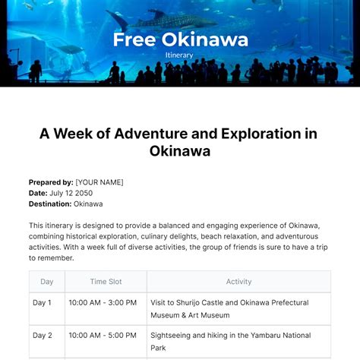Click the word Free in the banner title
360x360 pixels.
(x=134, y=39)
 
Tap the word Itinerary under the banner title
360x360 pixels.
(x=179, y=55)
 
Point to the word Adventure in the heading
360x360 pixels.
(x=152, y=134)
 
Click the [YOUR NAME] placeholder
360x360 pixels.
(x=99, y=182)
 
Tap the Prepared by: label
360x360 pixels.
(x=51, y=182)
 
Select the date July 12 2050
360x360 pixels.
(x=71, y=193)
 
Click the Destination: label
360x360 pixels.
(x=50, y=204)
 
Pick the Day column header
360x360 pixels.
(x=47, y=282)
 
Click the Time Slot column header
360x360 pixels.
(x=106, y=282)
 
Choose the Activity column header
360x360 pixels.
(x=238, y=282)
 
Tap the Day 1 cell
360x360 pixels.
(x=42, y=302)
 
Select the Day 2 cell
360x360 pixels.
(x=43, y=336)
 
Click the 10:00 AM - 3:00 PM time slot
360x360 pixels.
(x=103, y=302)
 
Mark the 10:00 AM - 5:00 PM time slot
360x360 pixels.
(x=103, y=336)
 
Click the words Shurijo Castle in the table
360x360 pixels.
(x=200, y=303)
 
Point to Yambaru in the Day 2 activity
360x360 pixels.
(x=266, y=336)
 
